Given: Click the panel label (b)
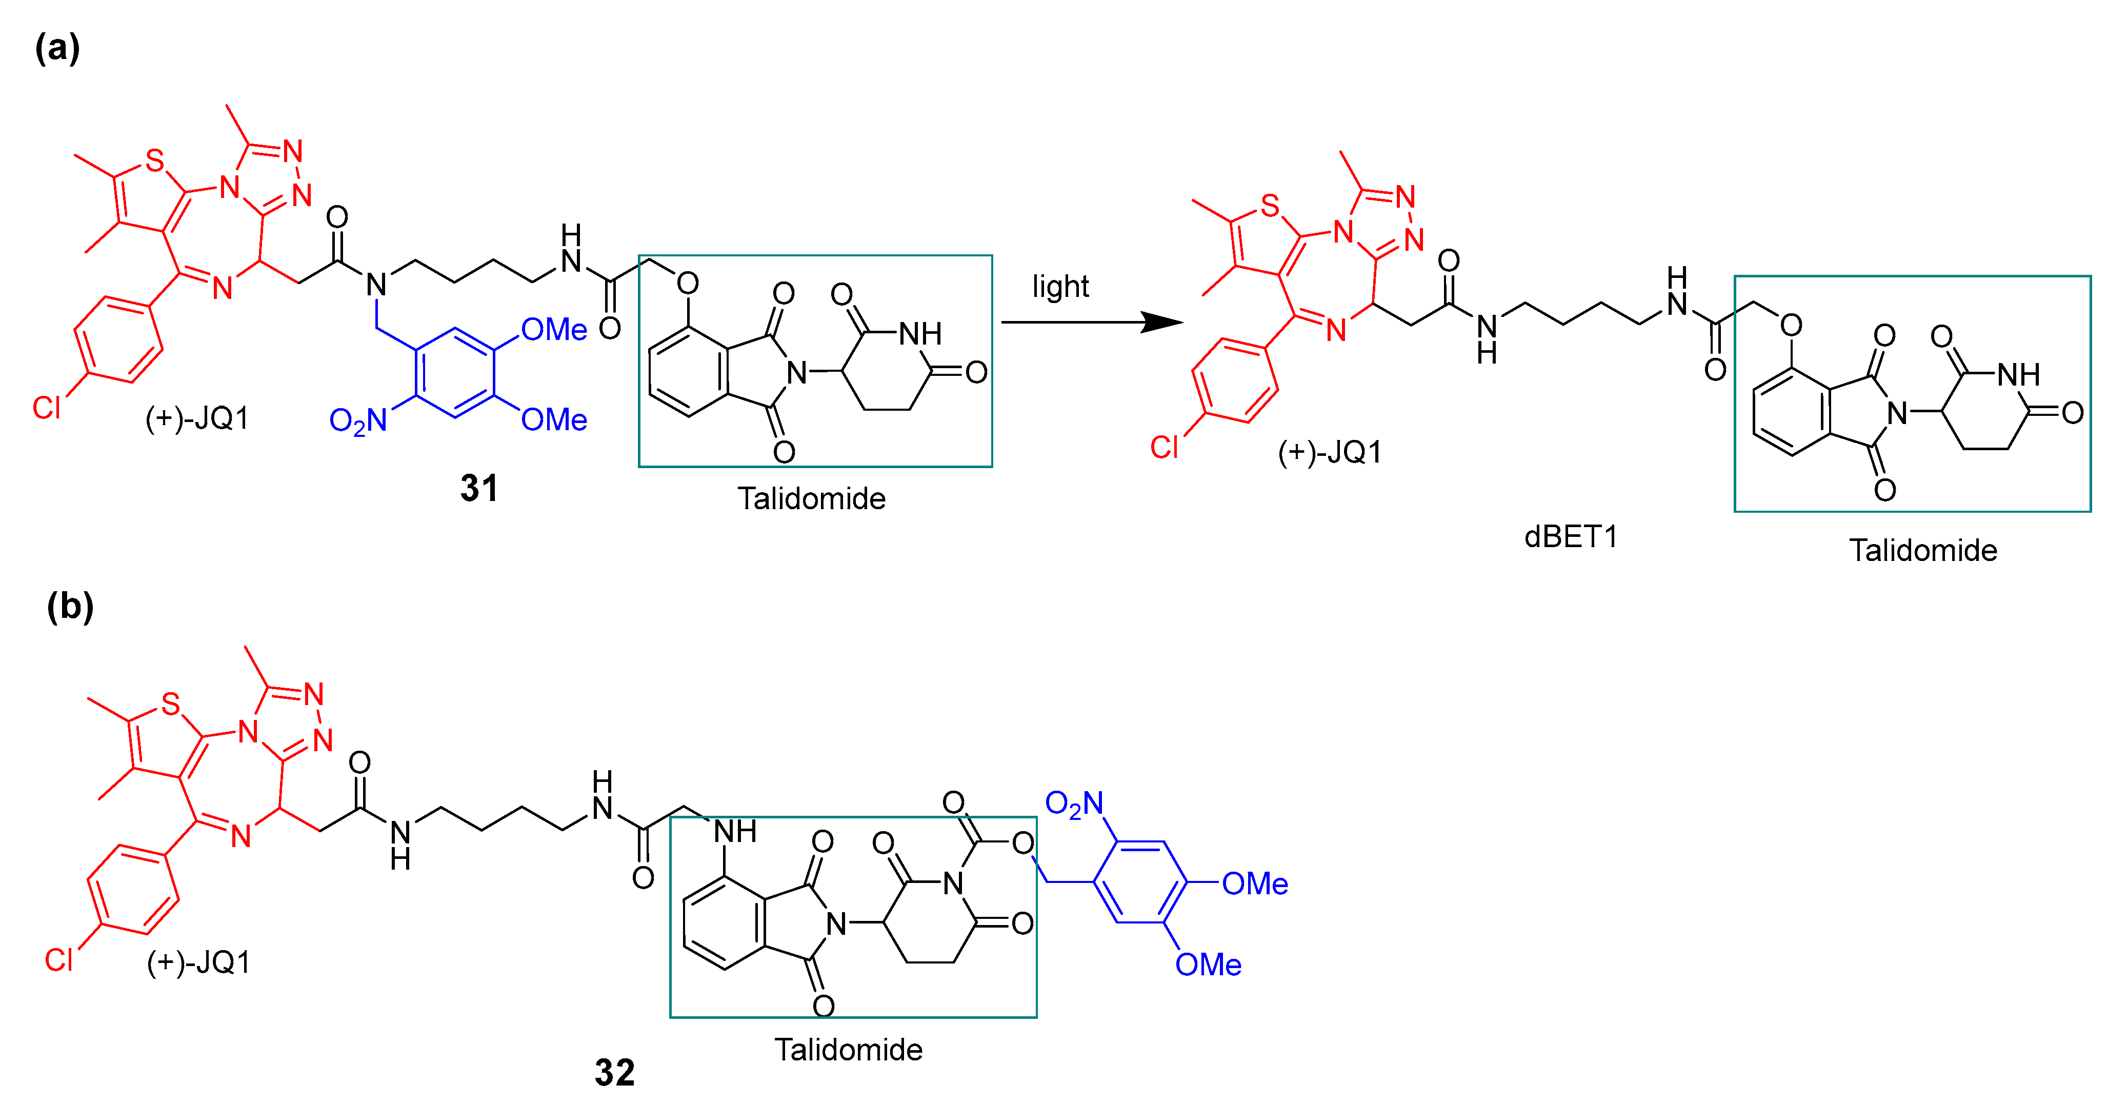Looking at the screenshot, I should (x=70, y=606).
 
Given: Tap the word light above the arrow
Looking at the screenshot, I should (x=1060, y=287).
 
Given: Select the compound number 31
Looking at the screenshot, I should (x=479, y=488).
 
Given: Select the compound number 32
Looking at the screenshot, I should (x=614, y=1073).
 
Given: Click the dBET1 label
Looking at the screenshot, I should (x=1571, y=537).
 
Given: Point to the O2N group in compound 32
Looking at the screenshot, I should (x=1073, y=803).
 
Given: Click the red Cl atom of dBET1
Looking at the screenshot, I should (x=1164, y=448).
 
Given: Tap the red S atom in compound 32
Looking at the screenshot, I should (x=170, y=705).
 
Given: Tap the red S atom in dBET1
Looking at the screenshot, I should (x=1270, y=206).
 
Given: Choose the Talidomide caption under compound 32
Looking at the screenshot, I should (x=848, y=1050).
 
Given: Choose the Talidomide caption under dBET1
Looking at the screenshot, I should (x=1922, y=550).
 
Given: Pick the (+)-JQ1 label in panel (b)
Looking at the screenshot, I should (x=198, y=962).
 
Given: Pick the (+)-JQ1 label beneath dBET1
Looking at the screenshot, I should (x=1329, y=452).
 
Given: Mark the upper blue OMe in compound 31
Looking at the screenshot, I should (x=554, y=330).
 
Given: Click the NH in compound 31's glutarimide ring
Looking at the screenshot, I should (x=920, y=334).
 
